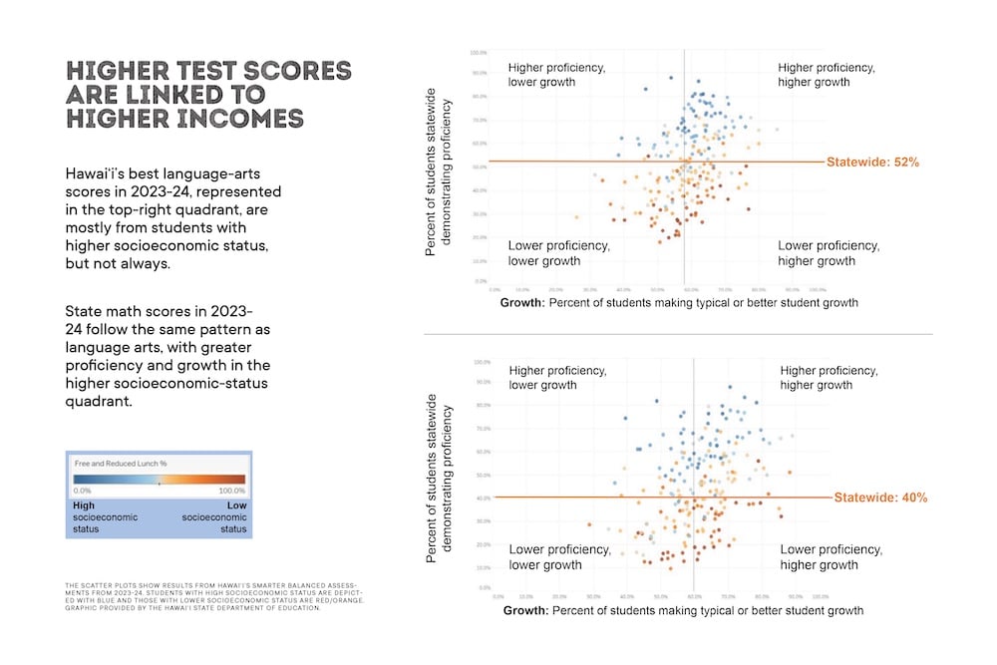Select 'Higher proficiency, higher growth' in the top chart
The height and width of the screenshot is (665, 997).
click(x=827, y=75)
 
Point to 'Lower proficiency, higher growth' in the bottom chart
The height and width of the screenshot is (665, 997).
click(x=831, y=557)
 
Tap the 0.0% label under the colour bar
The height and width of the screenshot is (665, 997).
click(x=84, y=491)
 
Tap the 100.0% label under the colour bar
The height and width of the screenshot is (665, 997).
click(x=231, y=491)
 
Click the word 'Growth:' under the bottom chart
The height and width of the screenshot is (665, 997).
click(x=527, y=609)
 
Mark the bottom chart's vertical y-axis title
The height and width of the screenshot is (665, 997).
click(x=440, y=484)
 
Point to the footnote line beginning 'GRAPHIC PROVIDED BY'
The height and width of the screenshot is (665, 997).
click(x=193, y=607)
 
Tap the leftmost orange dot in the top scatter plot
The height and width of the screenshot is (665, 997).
click(x=575, y=216)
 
